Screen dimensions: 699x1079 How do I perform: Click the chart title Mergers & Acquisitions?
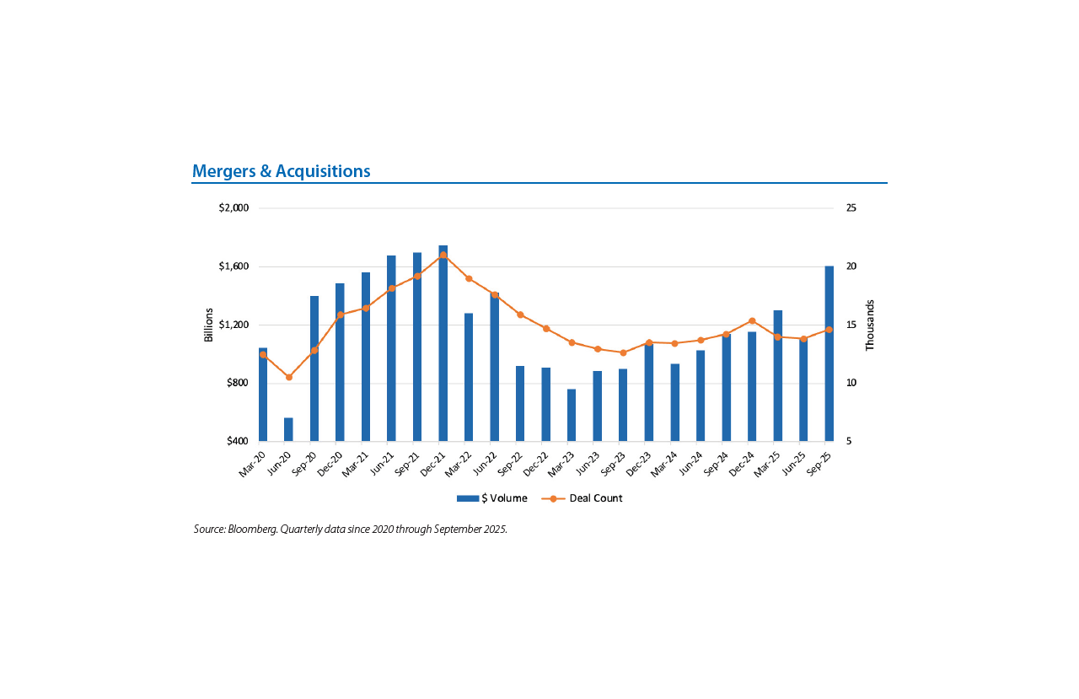[x=282, y=171]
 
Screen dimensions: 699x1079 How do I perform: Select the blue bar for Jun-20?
[x=288, y=429]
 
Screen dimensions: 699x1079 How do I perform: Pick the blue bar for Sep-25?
[x=829, y=354]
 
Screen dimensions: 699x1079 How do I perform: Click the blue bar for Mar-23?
[x=572, y=415]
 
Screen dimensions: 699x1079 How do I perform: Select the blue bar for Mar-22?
[x=469, y=377]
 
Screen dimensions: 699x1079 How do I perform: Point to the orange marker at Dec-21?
[x=443, y=255]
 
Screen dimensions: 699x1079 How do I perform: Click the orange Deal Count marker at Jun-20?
[x=288, y=377]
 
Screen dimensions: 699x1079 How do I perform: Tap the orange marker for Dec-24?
[x=752, y=321]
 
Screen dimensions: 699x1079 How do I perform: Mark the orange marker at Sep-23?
[x=623, y=352]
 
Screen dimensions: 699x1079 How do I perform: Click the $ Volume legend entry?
[x=492, y=498]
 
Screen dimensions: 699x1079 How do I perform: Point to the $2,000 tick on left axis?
[x=234, y=208]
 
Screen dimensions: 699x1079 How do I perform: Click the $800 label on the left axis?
[x=237, y=383]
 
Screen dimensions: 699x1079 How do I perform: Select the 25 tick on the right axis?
[x=851, y=208]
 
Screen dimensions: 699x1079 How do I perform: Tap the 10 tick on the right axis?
[x=851, y=383]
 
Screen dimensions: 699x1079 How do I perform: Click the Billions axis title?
[x=209, y=325]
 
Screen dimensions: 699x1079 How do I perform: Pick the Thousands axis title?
[x=870, y=325]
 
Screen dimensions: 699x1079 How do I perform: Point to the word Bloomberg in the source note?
[x=251, y=530]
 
